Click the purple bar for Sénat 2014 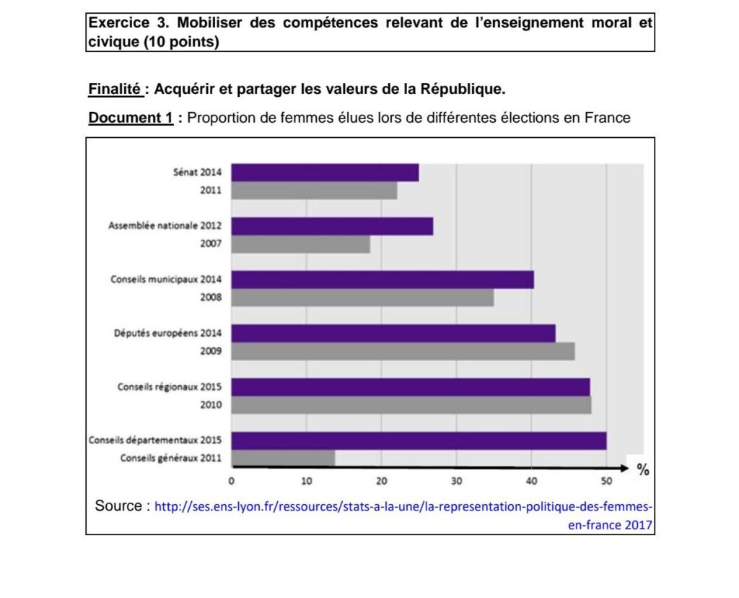pyautogui.click(x=325, y=173)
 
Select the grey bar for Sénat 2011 pyautogui.click(x=314, y=191)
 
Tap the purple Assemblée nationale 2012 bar pyautogui.click(x=332, y=226)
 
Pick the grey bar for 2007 pyautogui.click(x=300, y=244)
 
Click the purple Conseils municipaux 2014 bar pyautogui.click(x=382, y=279)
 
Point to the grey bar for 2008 pyautogui.click(x=362, y=298)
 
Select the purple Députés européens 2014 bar pyautogui.click(x=393, y=333)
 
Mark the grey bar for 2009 pyautogui.click(x=403, y=352)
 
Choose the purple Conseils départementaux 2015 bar pyautogui.click(x=419, y=441)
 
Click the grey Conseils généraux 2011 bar pyautogui.click(x=283, y=459)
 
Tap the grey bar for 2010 pyautogui.click(x=411, y=405)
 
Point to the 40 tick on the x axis pyautogui.click(x=531, y=482)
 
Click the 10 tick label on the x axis pyautogui.click(x=306, y=482)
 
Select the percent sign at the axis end pyautogui.click(x=643, y=471)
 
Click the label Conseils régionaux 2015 pyautogui.click(x=170, y=387)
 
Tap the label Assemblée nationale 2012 pyautogui.click(x=165, y=226)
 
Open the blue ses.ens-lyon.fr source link pyautogui.click(x=404, y=506)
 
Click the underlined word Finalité pyautogui.click(x=115, y=90)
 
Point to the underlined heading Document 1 pyautogui.click(x=130, y=118)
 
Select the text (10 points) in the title pyautogui.click(x=181, y=42)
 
